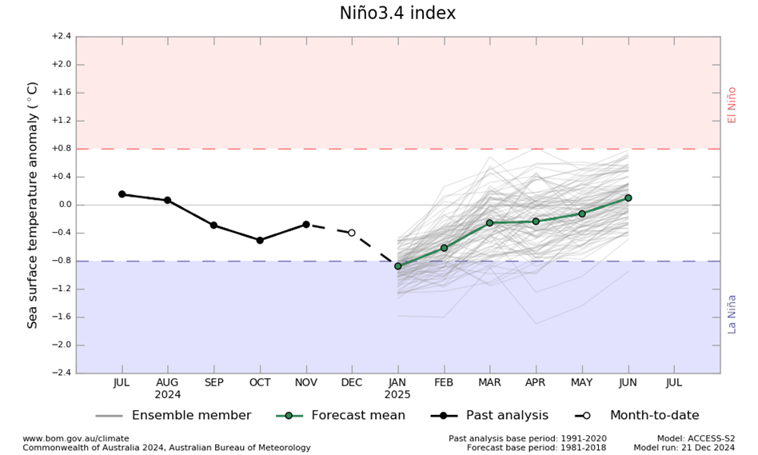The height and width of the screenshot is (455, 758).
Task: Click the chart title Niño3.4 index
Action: pyautogui.click(x=397, y=14)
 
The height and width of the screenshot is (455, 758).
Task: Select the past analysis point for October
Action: pyautogui.click(x=260, y=240)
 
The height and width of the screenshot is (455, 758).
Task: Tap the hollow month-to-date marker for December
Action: pyautogui.click(x=351, y=233)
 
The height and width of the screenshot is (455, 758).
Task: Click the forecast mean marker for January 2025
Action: pyautogui.click(x=397, y=266)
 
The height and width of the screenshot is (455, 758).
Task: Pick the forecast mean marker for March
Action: pyautogui.click(x=489, y=223)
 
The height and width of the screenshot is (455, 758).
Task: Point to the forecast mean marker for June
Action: pyautogui.click(x=628, y=198)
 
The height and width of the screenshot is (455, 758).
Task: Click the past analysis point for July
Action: pyautogui.click(x=122, y=194)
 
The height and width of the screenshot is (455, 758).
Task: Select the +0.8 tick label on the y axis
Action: pyautogui.click(x=61, y=149)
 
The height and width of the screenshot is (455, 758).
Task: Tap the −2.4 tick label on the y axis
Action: pyautogui.click(x=61, y=373)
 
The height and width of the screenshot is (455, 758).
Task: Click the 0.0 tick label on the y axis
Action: pyautogui.click(x=62, y=205)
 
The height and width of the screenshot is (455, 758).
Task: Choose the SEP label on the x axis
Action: pyautogui.click(x=213, y=383)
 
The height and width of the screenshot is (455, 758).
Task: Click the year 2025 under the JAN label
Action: pyautogui.click(x=397, y=395)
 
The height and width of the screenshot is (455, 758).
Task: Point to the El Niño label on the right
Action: pyautogui.click(x=731, y=105)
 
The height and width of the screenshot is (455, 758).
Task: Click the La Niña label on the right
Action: pyautogui.click(x=731, y=313)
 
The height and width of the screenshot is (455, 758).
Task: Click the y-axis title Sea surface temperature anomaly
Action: pyautogui.click(x=33, y=205)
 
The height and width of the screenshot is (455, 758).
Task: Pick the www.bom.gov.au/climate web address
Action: pyautogui.click(x=75, y=439)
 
